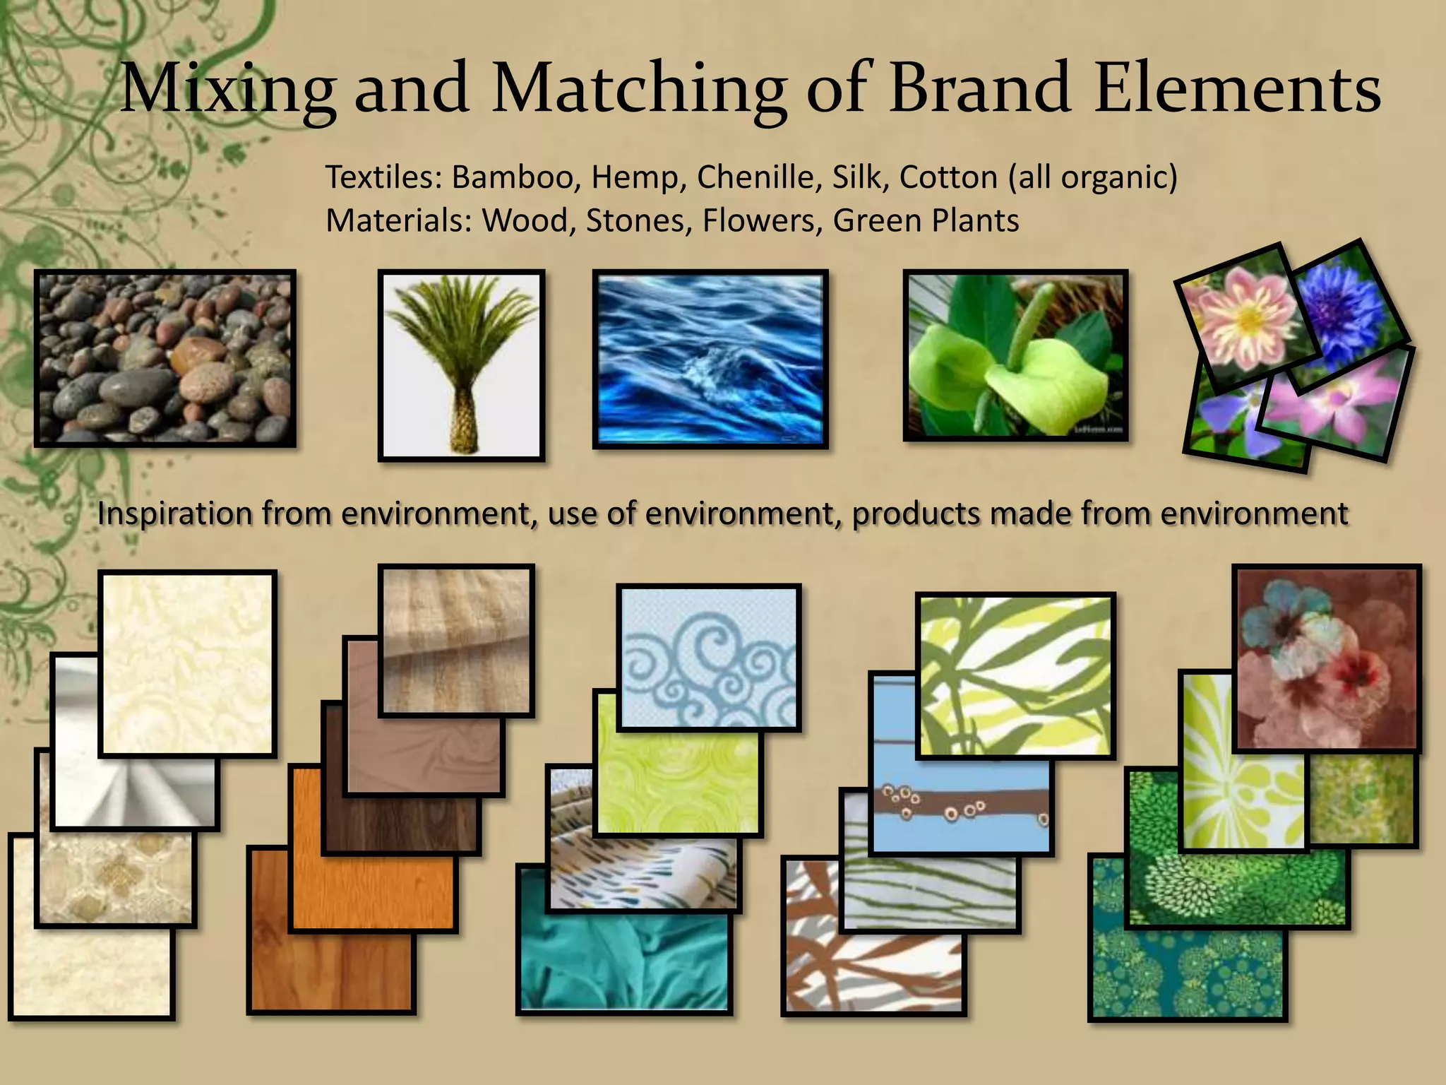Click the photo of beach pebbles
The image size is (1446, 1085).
(165, 358)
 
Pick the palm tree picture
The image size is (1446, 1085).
(461, 365)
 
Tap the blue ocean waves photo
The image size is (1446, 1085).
(710, 358)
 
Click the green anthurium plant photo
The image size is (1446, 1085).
(1015, 355)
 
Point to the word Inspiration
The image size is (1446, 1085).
(174, 514)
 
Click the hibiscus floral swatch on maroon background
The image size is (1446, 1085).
(1326, 657)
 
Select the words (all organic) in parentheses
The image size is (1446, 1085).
(1093, 177)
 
